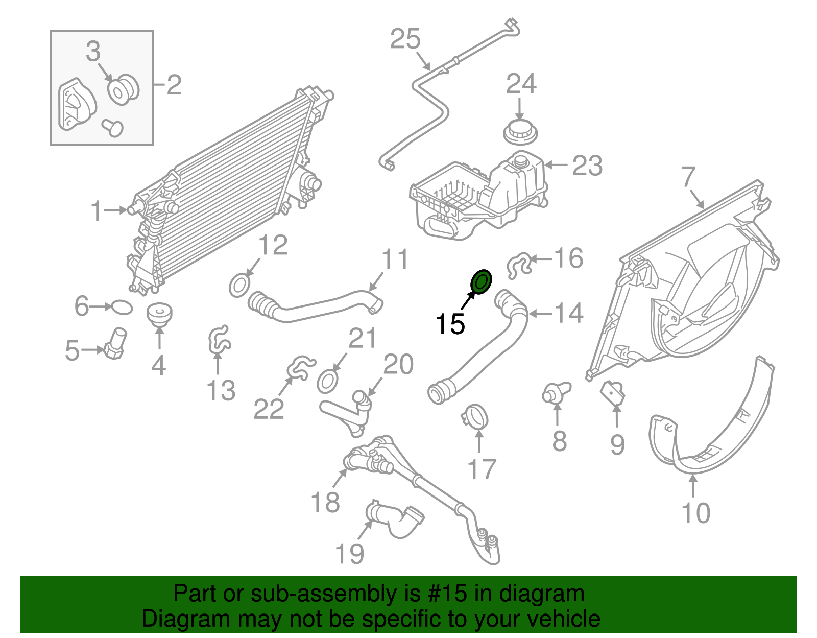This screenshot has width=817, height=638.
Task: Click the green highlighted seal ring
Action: (481, 282)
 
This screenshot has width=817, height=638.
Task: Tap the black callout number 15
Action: (450, 324)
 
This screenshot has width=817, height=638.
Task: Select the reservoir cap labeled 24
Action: (520, 133)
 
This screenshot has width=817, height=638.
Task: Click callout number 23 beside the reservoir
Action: (587, 166)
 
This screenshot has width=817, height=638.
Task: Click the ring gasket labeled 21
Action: (327, 382)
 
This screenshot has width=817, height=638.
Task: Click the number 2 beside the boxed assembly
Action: (174, 84)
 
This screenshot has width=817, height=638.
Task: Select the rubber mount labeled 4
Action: (159, 314)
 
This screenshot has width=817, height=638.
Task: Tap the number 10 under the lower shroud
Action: (695, 512)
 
